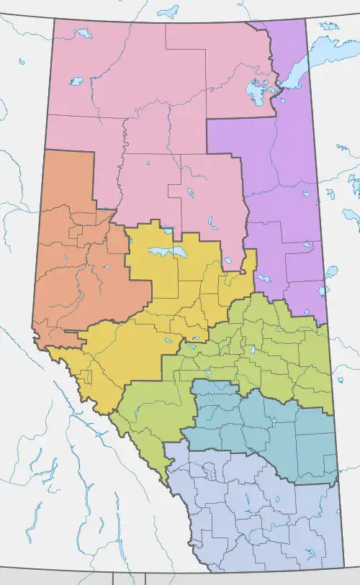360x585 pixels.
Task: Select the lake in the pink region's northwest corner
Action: (84, 33)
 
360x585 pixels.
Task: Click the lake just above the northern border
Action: (168, 12)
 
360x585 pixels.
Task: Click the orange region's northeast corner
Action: (94, 152)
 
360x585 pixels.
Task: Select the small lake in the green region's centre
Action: (253, 352)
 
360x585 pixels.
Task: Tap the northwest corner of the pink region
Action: (54, 19)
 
